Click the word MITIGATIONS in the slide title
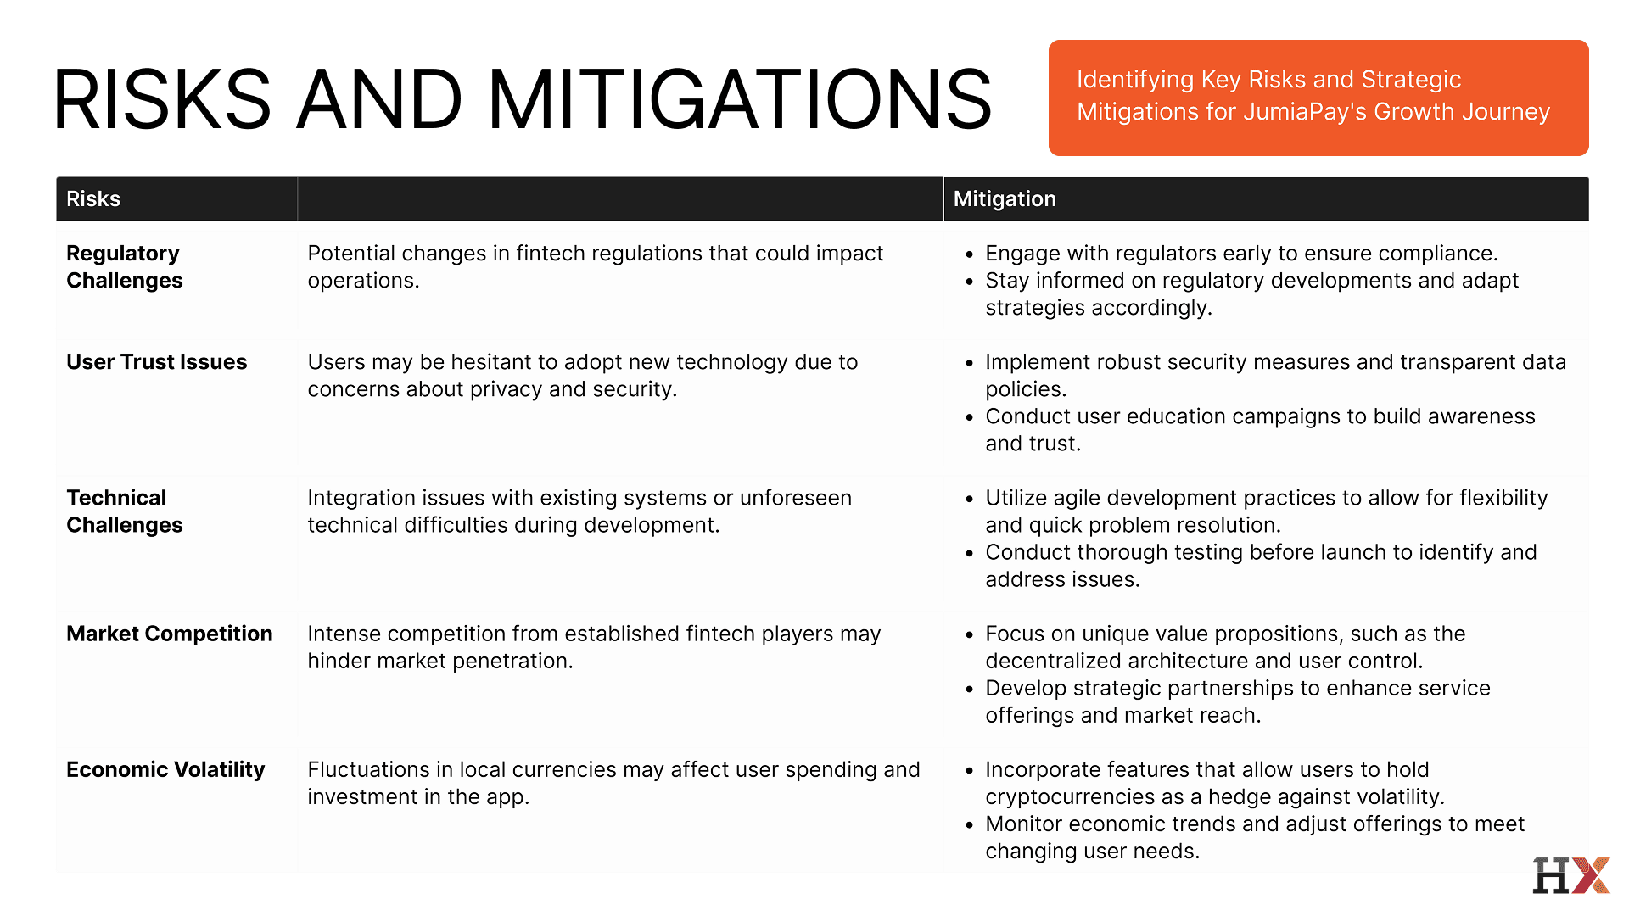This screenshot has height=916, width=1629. (x=740, y=99)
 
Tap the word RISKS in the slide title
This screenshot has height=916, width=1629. (x=162, y=99)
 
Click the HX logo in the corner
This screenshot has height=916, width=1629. (x=1571, y=875)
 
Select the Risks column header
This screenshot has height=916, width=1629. (x=93, y=198)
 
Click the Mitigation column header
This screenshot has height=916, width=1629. (x=1005, y=198)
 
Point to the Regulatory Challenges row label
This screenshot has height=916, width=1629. (x=124, y=266)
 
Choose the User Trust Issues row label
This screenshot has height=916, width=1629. (x=157, y=361)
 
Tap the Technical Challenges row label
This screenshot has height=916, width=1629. (x=124, y=511)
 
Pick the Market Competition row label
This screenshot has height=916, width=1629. (x=170, y=634)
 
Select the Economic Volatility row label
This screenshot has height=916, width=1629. (x=165, y=769)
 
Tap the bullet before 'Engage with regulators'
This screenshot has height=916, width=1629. (x=969, y=254)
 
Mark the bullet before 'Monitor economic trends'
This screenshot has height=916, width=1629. (x=969, y=825)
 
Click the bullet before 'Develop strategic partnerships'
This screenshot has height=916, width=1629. (x=969, y=690)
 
